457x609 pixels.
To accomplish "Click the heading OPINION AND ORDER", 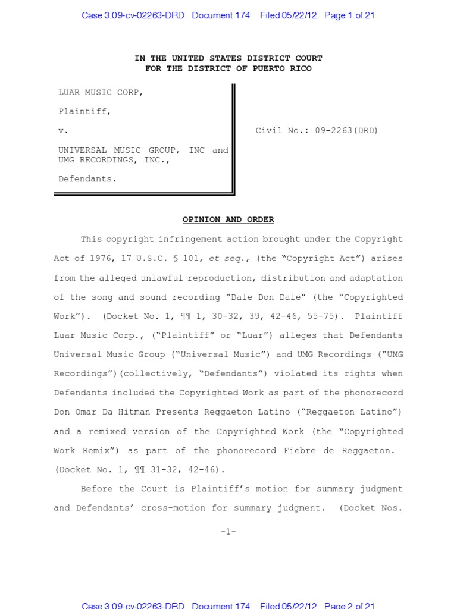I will [228, 219].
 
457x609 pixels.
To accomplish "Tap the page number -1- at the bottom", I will [228, 532].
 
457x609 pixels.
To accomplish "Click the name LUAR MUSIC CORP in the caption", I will [100, 92].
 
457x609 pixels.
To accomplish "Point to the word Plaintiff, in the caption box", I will [84, 111].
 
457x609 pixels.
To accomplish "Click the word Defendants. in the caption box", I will [86, 178].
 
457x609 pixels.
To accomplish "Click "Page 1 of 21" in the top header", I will [349, 15].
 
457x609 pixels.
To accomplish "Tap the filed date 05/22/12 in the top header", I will [298, 15].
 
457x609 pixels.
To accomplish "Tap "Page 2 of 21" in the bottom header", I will [349, 605].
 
